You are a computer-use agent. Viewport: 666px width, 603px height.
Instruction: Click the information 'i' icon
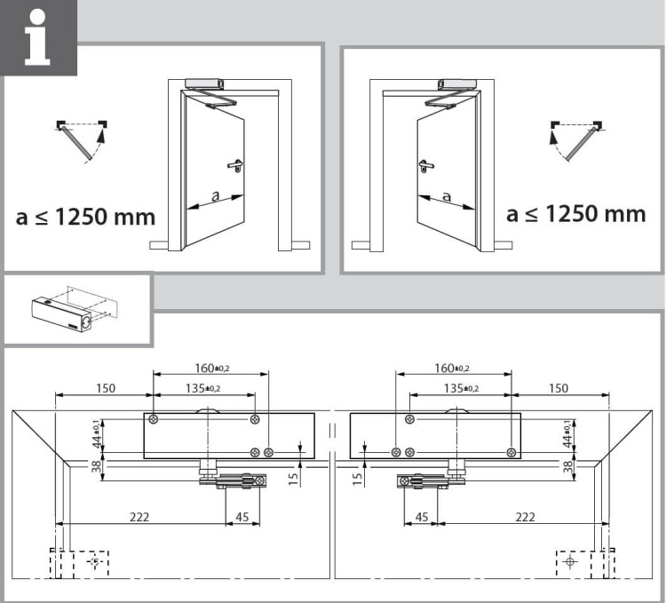coord(37,37)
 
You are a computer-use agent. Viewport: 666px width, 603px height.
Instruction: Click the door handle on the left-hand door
coord(235,165)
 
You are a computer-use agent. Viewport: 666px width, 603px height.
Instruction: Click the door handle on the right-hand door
coord(424,165)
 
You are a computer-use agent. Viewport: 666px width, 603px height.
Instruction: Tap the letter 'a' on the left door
coord(216,195)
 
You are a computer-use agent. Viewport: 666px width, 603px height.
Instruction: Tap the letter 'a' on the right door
coord(446,196)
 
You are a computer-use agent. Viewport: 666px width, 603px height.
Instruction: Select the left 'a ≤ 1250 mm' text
coord(85,217)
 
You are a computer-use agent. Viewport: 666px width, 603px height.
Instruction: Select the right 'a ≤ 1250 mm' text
coord(576,214)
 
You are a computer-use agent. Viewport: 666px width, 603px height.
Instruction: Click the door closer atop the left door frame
coord(205,83)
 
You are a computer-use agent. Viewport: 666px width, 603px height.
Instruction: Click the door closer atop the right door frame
coord(458,83)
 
